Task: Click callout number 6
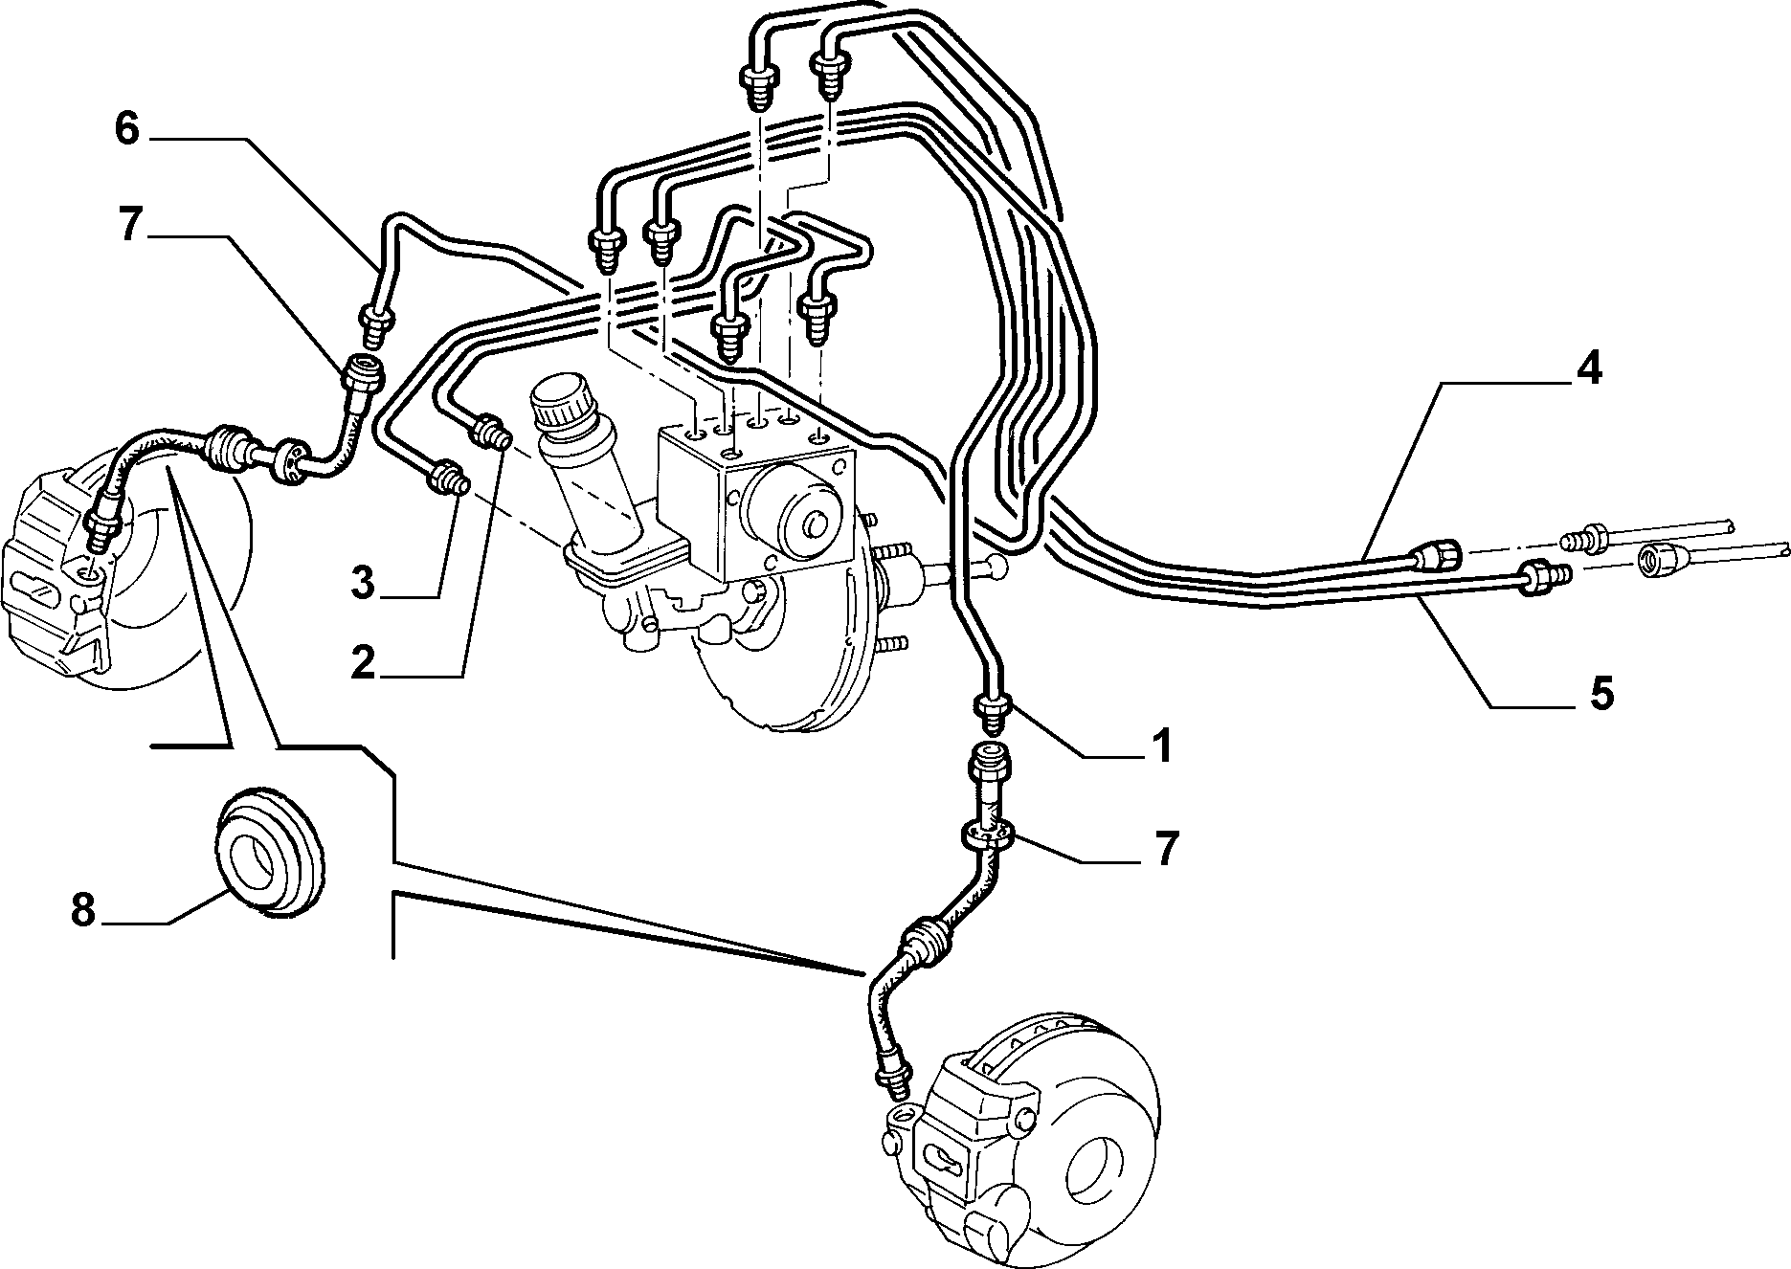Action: [x=128, y=128]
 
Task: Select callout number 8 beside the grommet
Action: [x=83, y=910]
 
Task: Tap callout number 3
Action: [x=361, y=583]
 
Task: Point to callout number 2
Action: [x=363, y=662]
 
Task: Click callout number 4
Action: [x=1588, y=368]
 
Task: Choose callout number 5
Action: [x=1601, y=692]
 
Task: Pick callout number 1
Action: [x=1161, y=746]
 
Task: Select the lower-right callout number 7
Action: [x=1164, y=848]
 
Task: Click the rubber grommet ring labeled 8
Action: [x=269, y=855]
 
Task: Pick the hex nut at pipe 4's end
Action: [x=1436, y=554]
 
